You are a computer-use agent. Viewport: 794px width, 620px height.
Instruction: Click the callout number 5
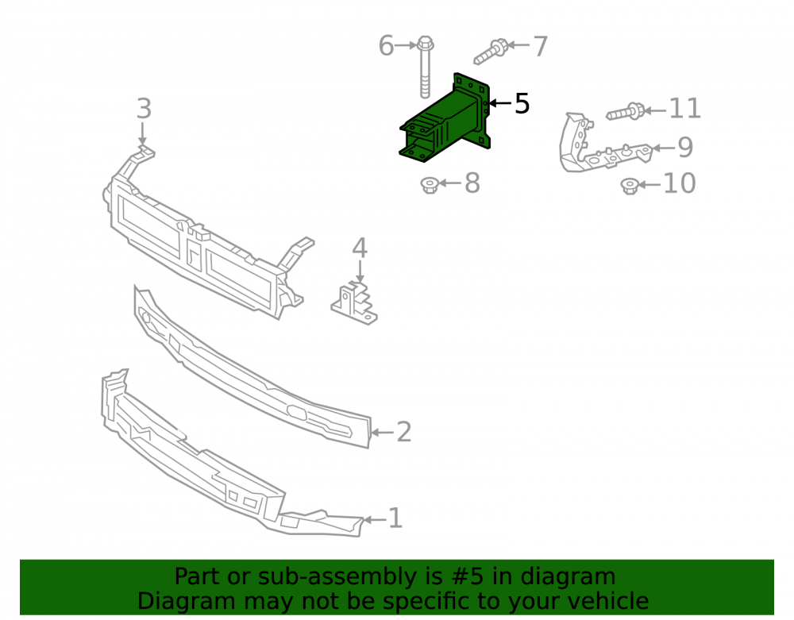click(x=522, y=104)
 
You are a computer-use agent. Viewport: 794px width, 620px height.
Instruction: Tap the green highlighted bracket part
click(x=445, y=119)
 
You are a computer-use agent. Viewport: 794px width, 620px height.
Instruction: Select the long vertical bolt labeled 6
click(x=426, y=67)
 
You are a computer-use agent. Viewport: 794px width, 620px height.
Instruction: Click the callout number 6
click(x=386, y=46)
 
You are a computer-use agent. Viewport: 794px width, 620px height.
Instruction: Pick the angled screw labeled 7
click(x=491, y=52)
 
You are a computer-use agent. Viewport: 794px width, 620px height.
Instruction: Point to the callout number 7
click(x=540, y=47)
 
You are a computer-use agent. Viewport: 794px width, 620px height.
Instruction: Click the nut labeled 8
click(x=430, y=185)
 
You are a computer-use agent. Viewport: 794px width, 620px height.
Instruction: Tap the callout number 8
click(x=472, y=183)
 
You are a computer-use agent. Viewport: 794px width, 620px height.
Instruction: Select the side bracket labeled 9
click(x=603, y=144)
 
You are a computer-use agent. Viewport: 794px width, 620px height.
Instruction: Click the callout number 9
click(x=685, y=148)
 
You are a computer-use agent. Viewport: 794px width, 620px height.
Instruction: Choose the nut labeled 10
click(x=630, y=186)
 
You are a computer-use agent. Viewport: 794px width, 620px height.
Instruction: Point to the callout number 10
click(x=679, y=183)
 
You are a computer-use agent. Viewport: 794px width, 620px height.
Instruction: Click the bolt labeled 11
click(x=626, y=112)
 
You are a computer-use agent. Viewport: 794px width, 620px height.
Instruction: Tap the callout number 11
click(x=685, y=109)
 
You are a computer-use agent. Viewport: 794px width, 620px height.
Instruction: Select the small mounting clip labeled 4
click(x=354, y=304)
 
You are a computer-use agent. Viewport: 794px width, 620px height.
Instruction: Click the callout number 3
click(x=144, y=109)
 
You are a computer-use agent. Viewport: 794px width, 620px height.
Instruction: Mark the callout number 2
click(x=403, y=432)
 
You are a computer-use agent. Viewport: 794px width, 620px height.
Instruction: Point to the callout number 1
click(x=395, y=518)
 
